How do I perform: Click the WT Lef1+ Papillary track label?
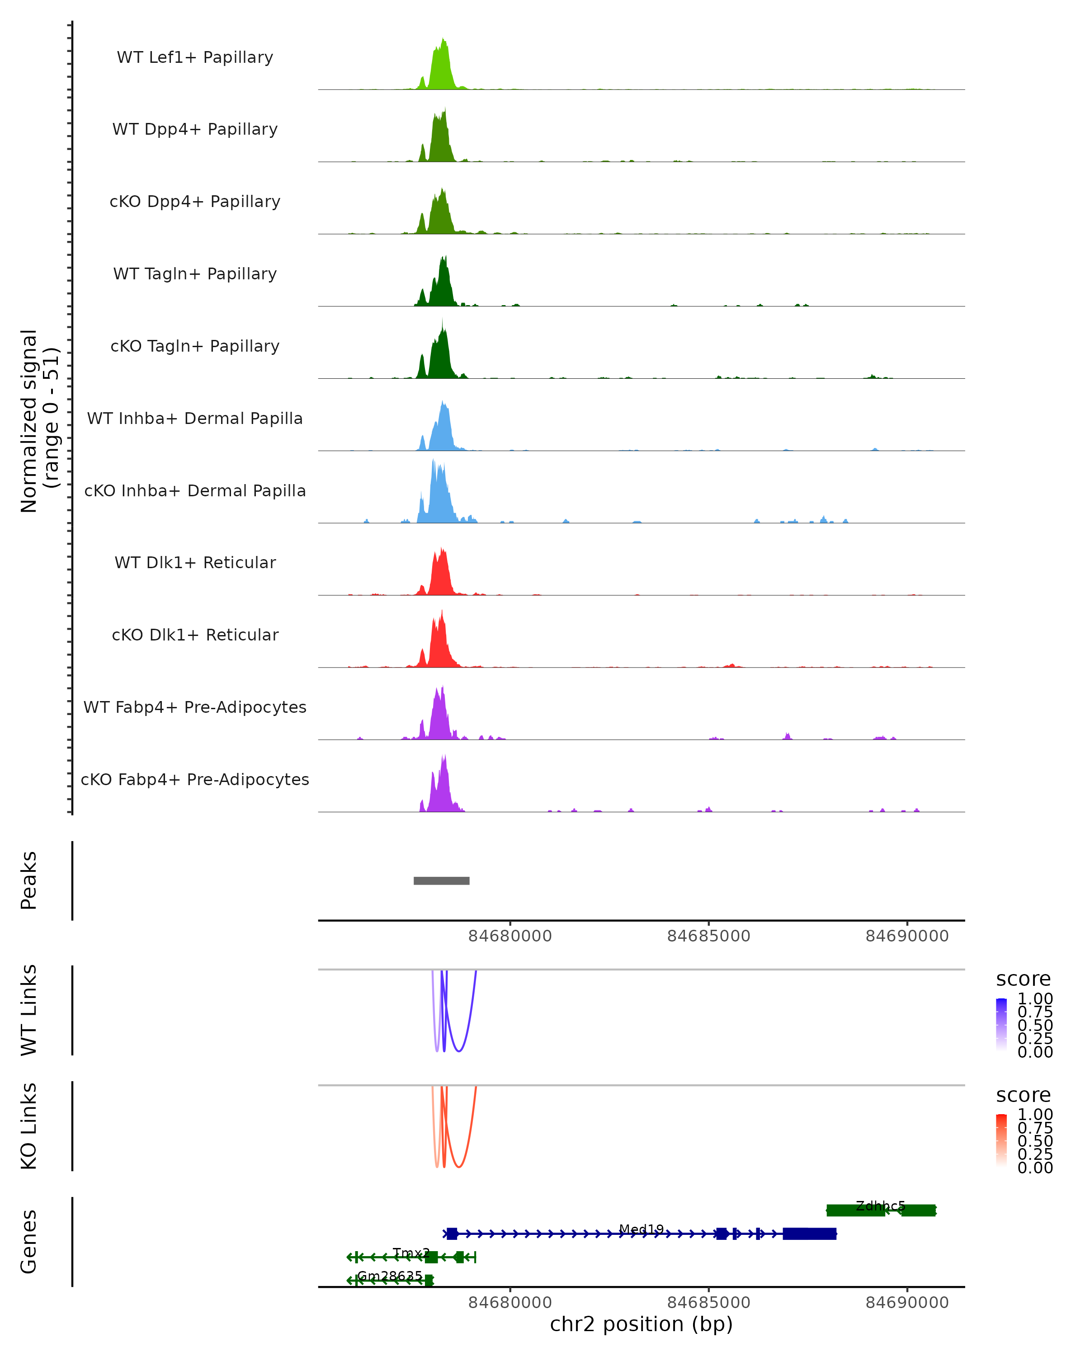click(195, 57)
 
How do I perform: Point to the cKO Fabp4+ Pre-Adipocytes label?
click(195, 779)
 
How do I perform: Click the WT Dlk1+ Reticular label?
click(195, 562)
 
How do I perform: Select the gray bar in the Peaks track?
click(442, 880)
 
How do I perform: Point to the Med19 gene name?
click(641, 1229)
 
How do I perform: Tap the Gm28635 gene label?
click(390, 1276)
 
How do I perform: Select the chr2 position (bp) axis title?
click(641, 1324)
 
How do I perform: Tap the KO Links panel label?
click(29, 1126)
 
